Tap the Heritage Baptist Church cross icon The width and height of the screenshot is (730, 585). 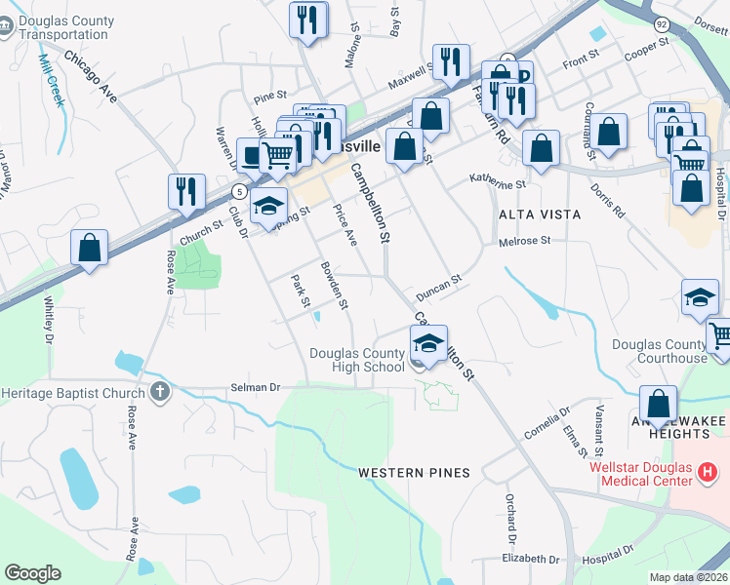[x=161, y=392]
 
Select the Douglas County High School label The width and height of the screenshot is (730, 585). [x=356, y=360]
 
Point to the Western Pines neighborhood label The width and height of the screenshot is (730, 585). [x=414, y=473]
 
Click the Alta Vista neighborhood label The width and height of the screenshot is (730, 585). [x=540, y=214]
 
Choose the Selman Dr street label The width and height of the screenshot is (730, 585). [x=255, y=387]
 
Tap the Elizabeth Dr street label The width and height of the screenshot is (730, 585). [x=531, y=560]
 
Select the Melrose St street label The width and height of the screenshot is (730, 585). [x=524, y=241]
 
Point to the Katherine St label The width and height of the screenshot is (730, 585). [x=497, y=181]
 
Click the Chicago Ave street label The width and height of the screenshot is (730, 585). [x=92, y=76]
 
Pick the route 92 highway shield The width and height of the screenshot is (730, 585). [x=661, y=23]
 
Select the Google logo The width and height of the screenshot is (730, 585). [x=32, y=573]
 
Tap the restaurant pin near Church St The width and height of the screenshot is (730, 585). [x=185, y=191]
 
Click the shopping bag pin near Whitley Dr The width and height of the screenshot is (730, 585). [x=90, y=247]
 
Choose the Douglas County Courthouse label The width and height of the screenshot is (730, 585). [x=659, y=351]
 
